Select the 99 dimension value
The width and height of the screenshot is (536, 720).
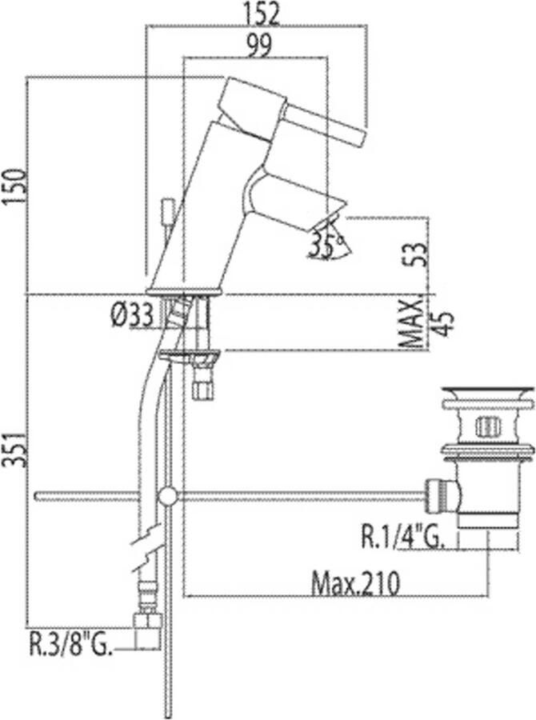[259, 45]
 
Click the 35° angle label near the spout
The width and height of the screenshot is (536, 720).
[326, 246]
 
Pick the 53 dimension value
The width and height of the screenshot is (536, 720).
[417, 254]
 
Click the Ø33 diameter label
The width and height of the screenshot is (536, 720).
[132, 316]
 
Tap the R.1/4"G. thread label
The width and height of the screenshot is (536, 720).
[402, 538]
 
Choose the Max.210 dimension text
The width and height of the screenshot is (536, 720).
[355, 583]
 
